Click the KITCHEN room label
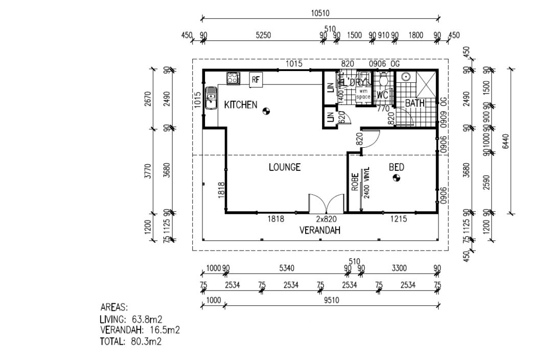tap(240, 105)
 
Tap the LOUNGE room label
tap(285, 167)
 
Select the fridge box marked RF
tap(256, 79)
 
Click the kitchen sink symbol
tap(211, 98)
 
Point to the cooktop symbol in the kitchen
tap(233, 78)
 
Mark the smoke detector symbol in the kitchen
tap(266, 110)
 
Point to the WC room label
tap(382, 96)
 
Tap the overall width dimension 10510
tap(320, 13)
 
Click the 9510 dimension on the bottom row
tap(332, 301)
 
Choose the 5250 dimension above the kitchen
tap(263, 35)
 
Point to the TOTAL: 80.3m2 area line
tap(131, 342)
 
